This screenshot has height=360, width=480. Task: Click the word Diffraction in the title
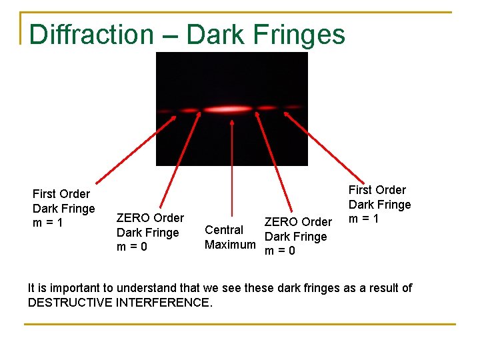91,35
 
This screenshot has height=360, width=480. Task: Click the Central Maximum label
229,237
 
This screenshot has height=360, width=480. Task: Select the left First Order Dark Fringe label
64,208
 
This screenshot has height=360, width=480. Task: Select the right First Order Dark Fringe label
379,204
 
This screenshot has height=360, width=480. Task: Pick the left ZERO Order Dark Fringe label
149,232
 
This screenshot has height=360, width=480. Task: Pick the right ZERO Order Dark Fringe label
297,236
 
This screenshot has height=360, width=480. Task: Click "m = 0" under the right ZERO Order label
280,251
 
